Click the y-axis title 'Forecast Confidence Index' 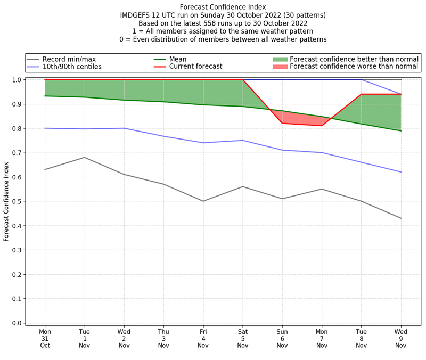point(7,202)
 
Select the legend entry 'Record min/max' point(69,59)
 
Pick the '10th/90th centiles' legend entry point(72,67)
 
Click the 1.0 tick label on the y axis point(17,80)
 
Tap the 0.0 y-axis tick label point(17,323)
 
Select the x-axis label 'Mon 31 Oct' point(45,338)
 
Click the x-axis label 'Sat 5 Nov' point(243,338)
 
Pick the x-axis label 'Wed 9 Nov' point(401,338)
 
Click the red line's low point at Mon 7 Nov point(322,126)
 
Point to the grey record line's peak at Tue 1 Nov point(84,157)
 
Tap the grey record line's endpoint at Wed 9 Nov point(401,218)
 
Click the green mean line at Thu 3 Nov point(163,102)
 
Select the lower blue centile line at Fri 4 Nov point(203,143)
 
